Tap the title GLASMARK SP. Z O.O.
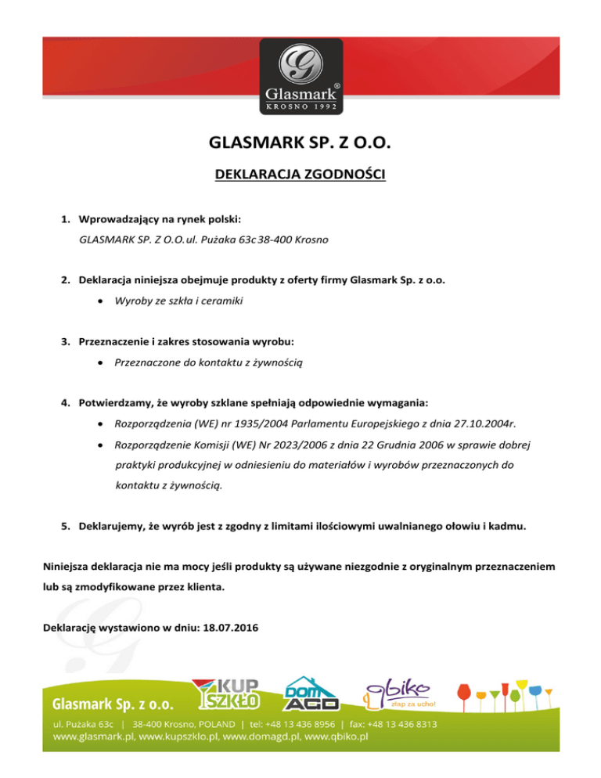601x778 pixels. pos(300,144)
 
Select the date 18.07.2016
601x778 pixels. pos(233,627)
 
